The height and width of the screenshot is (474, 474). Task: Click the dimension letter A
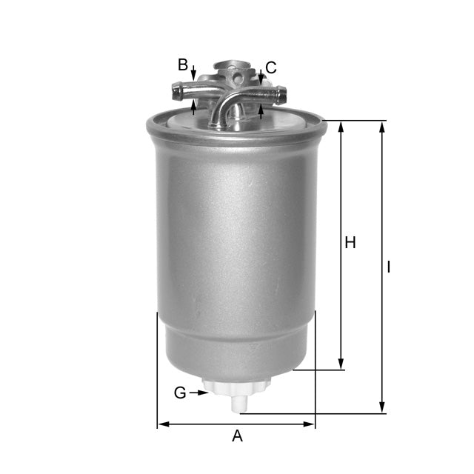pos(237,436)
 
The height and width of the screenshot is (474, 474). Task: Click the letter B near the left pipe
pos(183,65)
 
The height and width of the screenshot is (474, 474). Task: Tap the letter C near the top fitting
pos(271,68)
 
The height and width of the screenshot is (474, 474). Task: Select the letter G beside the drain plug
pos(180,393)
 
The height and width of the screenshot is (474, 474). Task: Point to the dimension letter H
pos(350,242)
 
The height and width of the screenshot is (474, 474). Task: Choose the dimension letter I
pos(389,267)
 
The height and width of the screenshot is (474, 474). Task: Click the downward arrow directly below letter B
pos(193,76)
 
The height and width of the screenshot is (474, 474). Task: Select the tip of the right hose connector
pos(282,93)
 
